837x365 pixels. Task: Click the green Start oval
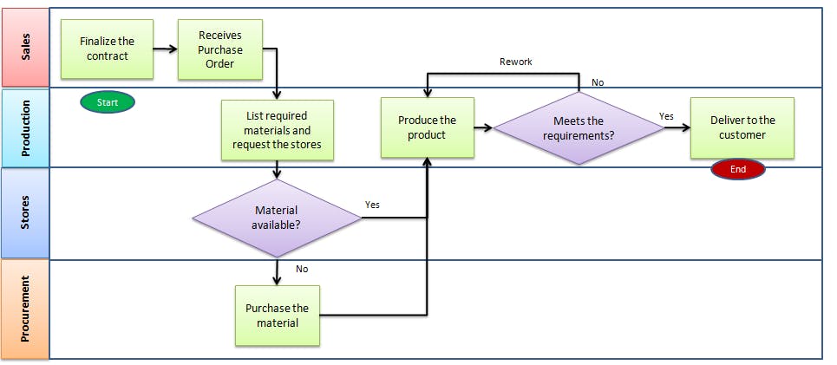coord(108,102)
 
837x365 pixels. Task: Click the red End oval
coord(737,169)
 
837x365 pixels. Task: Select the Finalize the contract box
coord(107,49)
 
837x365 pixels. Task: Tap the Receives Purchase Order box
coord(220,49)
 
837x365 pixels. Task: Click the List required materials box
coord(276,130)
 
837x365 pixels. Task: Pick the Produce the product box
coord(428,127)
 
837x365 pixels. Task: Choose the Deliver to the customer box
coord(742,127)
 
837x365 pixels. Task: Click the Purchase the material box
coord(277,316)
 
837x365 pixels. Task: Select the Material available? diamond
coord(277,218)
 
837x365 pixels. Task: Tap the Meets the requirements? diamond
coord(579,128)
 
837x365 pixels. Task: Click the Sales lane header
coord(25,48)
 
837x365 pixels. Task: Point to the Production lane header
coord(25,127)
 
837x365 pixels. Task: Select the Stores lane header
coord(25,213)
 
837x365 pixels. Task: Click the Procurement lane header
coord(25,309)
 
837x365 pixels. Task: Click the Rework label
coord(516,62)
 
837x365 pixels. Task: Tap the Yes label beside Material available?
coord(372,205)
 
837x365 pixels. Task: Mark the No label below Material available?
coord(302,269)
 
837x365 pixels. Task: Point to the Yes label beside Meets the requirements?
coord(666,115)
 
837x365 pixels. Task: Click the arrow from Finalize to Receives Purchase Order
coord(165,49)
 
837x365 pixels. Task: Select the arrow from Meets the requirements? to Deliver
coord(677,128)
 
